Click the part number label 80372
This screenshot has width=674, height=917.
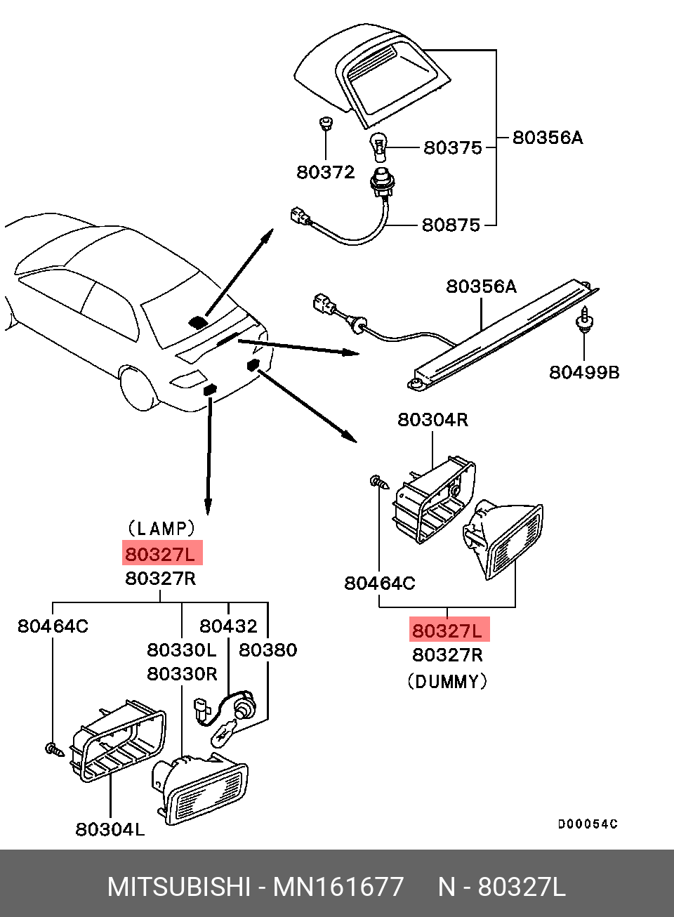coord(325,172)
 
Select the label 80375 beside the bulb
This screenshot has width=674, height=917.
coord(452,147)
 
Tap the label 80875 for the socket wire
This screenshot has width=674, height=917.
coord(451,225)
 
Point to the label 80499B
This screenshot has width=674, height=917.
coord(584,372)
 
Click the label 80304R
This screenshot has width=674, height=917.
coord(432,419)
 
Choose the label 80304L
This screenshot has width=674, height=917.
coord(110,829)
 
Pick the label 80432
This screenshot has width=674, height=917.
coord(228,626)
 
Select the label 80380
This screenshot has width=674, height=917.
coord(267,649)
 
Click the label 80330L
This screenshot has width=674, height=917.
coord(182,649)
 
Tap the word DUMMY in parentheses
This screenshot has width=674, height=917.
coord(447,681)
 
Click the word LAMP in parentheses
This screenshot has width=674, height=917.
coord(161,528)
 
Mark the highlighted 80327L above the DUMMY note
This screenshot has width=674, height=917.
coord(448,630)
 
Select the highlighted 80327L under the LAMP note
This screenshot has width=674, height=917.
coord(161,554)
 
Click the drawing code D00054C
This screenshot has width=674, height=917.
coord(588,824)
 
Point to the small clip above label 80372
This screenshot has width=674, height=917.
coord(325,124)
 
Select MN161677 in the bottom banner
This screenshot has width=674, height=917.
coord(338,887)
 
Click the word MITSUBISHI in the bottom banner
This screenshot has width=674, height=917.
coord(178,887)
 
